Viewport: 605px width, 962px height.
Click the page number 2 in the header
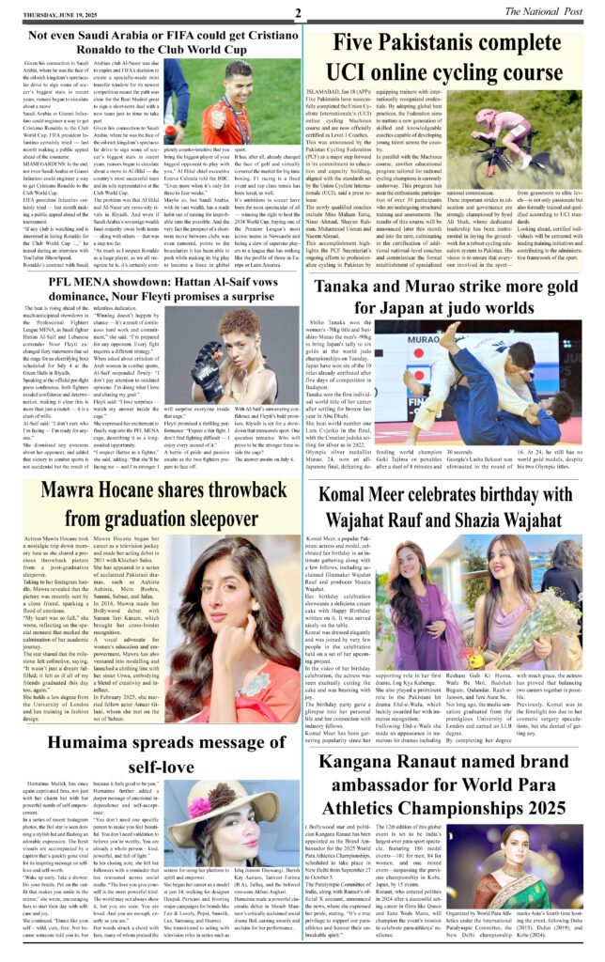pos(297,12)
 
